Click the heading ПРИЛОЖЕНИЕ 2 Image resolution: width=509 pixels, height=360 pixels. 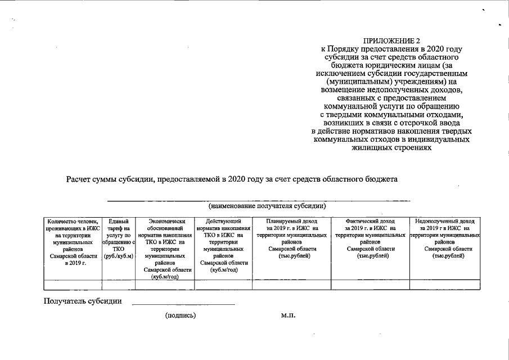coord(392,41)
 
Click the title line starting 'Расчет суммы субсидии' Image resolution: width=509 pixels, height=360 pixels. coord(232,179)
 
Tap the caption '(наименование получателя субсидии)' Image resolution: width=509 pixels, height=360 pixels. coord(267,206)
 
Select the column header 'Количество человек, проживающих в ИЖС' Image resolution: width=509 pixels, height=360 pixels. coord(73,242)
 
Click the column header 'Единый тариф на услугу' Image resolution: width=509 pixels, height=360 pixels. coord(119,238)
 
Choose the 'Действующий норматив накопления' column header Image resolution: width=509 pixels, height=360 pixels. coord(224,245)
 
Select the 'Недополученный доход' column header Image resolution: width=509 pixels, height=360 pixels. coord(445,238)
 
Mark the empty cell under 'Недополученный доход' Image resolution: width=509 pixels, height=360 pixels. coord(445,284)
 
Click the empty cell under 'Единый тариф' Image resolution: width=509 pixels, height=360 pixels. coord(119,284)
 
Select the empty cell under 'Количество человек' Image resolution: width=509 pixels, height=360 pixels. coord(73,284)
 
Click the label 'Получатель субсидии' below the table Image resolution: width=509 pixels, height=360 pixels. coord(83,301)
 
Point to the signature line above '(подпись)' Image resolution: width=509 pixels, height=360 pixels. coord(183,304)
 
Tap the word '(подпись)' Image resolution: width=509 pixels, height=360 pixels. coord(181,316)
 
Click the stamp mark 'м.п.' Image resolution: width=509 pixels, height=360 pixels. coord(288,316)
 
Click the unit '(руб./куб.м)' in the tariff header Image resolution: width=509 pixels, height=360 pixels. coord(119,255)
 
